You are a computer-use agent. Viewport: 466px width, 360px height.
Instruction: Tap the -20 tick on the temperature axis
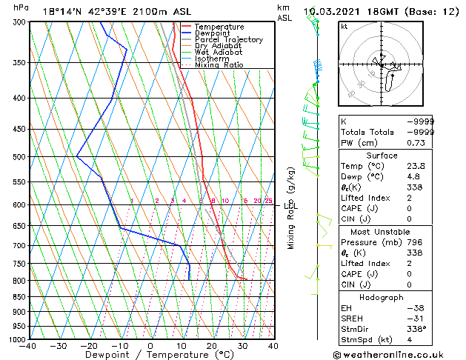[x=89, y=346]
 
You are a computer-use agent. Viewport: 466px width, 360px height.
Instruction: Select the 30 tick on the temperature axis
[x=242, y=346]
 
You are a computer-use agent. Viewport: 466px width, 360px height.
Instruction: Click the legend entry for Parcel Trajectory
[x=229, y=40]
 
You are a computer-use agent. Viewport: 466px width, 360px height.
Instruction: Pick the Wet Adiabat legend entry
[x=219, y=53]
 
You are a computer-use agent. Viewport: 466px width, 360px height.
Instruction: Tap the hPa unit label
[x=21, y=7]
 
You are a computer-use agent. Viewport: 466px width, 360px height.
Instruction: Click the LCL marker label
[x=290, y=206]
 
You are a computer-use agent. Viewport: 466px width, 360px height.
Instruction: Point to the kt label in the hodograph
[x=344, y=27]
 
